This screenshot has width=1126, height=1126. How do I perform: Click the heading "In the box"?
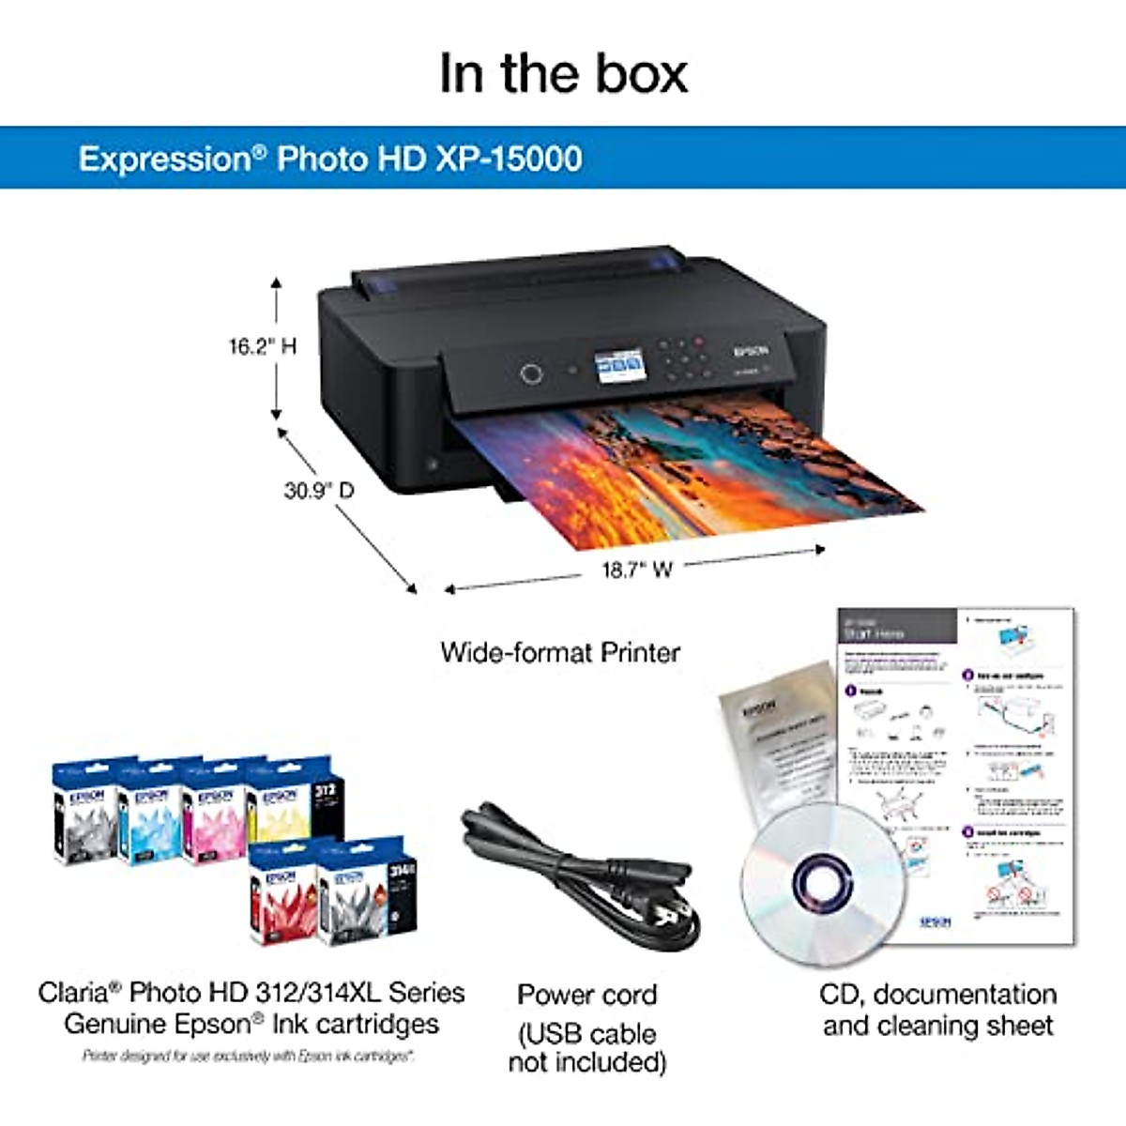[x=563, y=73]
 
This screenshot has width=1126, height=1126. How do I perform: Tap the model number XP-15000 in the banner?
[x=509, y=158]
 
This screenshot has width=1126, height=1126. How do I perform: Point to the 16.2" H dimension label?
[x=262, y=346]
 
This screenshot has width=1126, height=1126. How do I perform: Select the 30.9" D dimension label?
[x=319, y=490]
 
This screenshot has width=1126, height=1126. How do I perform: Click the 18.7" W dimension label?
[x=637, y=570]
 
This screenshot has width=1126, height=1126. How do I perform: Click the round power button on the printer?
[x=531, y=373]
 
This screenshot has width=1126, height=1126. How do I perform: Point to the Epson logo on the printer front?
[x=751, y=351]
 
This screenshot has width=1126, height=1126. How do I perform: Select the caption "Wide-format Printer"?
[x=560, y=652]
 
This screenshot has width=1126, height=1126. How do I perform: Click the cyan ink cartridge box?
[x=150, y=816]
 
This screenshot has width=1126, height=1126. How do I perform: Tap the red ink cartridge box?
[x=282, y=896]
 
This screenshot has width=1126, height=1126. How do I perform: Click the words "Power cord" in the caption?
[x=587, y=995]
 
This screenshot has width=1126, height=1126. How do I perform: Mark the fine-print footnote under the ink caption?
[x=248, y=1057]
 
